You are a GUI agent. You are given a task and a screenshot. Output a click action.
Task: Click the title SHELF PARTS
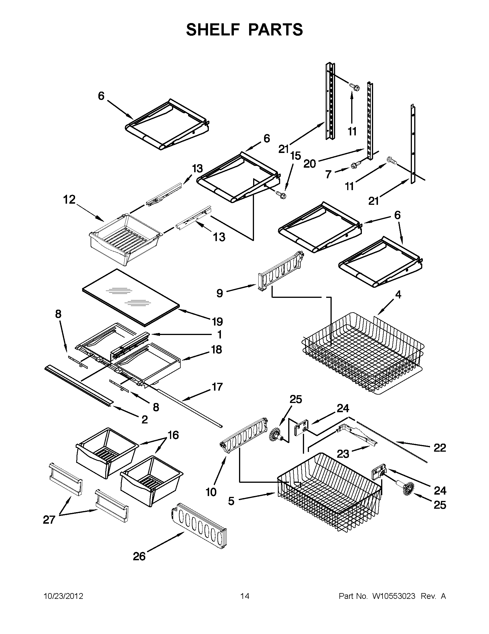click(x=244, y=30)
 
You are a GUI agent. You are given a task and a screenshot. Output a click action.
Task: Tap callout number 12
click(x=69, y=200)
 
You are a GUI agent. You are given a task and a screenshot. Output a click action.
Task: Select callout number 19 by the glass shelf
click(x=217, y=322)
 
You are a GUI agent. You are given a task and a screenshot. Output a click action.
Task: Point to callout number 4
click(x=398, y=295)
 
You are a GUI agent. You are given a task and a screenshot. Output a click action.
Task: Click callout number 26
click(x=139, y=557)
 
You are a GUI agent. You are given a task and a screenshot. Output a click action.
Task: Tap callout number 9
click(x=220, y=294)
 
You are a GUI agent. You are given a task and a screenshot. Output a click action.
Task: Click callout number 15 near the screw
click(x=295, y=156)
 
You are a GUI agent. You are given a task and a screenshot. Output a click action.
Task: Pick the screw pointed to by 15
click(x=281, y=194)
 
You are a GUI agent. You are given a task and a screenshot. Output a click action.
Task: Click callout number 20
click(x=309, y=164)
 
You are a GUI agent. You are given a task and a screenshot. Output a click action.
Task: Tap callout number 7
click(x=328, y=175)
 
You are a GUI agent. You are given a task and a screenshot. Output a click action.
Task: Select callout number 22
click(x=440, y=448)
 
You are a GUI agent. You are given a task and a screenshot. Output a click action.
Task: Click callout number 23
click(x=343, y=454)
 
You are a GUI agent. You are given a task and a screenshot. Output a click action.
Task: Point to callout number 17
click(x=217, y=387)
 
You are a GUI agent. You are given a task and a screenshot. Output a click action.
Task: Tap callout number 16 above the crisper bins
click(x=173, y=435)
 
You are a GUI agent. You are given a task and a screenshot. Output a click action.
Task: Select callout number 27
click(x=49, y=520)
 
